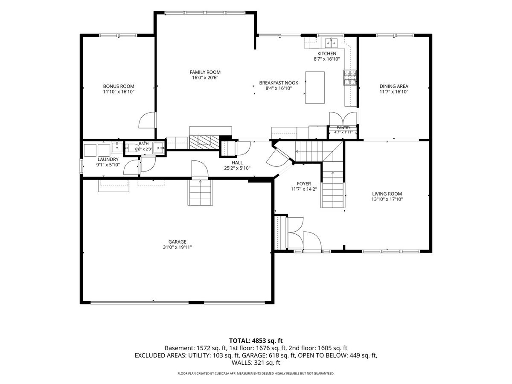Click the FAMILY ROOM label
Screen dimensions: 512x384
pyautogui.click(x=205, y=72)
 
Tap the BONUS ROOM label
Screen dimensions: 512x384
pyautogui.click(x=119, y=86)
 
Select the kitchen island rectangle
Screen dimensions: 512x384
pyautogui.click(x=315, y=87)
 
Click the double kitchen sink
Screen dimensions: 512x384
pyautogui.click(x=332, y=43)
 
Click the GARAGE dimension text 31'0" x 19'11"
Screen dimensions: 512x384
pyautogui.click(x=177, y=247)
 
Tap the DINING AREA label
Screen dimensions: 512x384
pyautogui.click(x=394, y=86)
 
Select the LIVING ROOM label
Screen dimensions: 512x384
pyautogui.click(x=387, y=194)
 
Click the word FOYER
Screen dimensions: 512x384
pyautogui.click(x=304, y=184)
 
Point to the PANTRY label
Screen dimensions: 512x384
pyautogui.click(x=343, y=128)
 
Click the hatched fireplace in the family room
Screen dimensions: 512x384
pyautogui.click(x=204, y=142)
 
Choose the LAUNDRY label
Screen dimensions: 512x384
pyautogui.click(x=108, y=160)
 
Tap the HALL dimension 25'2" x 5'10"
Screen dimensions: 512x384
pyautogui.click(x=237, y=168)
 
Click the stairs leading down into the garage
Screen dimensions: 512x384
pyautogui.click(x=201, y=192)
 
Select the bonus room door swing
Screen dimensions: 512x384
pyautogui.click(x=147, y=120)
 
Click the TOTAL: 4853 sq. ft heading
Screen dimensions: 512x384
pyautogui.click(x=256, y=341)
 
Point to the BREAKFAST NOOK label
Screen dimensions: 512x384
pyautogui.click(x=279, y=83)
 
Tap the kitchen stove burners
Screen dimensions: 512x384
pyautogui.click(x=349, y=77)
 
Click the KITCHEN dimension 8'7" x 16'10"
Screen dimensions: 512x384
pyautogui.click(x=327, y=59)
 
